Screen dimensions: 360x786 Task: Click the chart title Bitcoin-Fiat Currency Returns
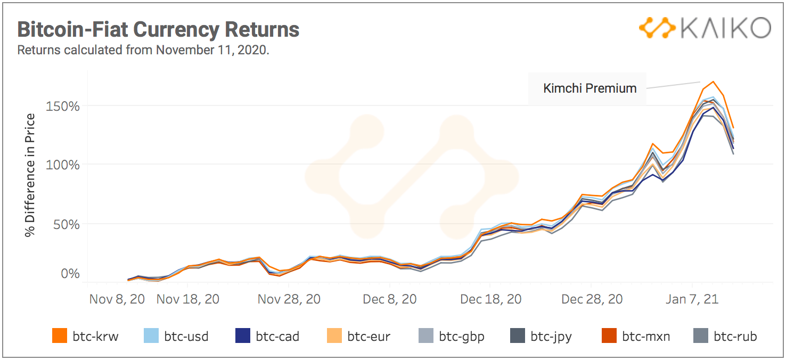(x=158, y=29)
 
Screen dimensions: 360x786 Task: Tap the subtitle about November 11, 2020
(x=143, y=51)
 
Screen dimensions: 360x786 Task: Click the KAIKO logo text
(x=725, y=28)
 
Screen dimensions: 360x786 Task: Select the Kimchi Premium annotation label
(x=589, y=88)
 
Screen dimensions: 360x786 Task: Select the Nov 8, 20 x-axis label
(x=117, y=299)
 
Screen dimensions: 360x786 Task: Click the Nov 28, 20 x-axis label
(x=289, y=299)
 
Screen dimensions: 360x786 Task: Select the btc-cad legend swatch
(x=242, y=336)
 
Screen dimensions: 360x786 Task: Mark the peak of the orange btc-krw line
(x=713, y=81)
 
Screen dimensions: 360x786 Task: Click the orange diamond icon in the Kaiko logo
(x=657, y=28)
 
